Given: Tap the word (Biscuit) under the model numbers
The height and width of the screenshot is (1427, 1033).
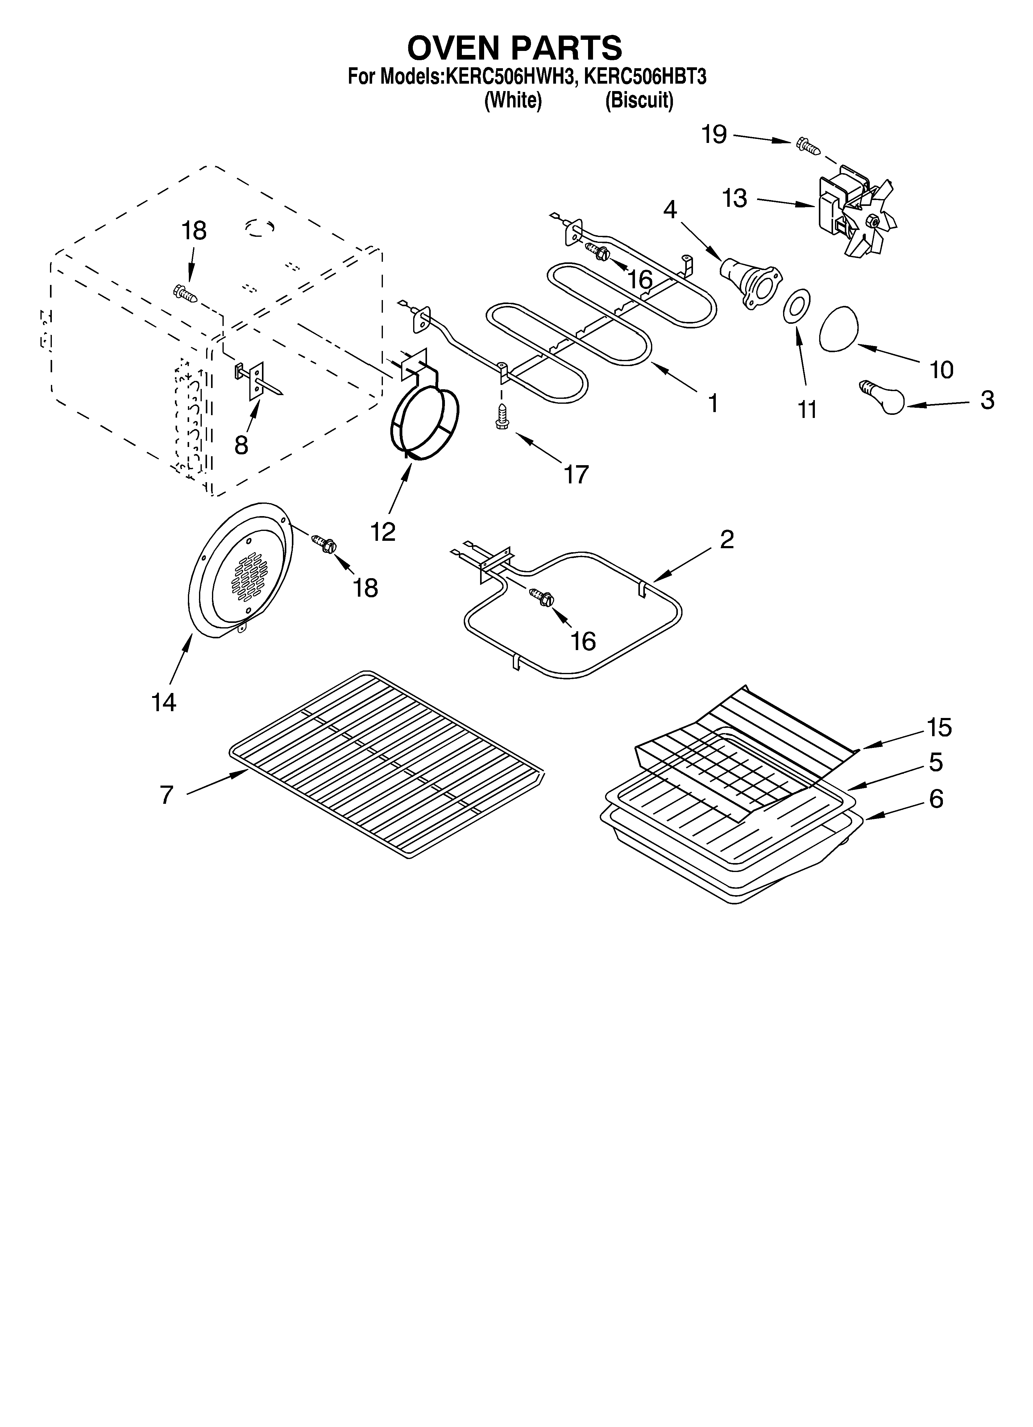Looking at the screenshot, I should (639, 101).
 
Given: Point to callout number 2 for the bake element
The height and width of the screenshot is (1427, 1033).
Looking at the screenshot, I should (727, 539).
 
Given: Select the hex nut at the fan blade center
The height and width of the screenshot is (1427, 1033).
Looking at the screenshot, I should (872, 220).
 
